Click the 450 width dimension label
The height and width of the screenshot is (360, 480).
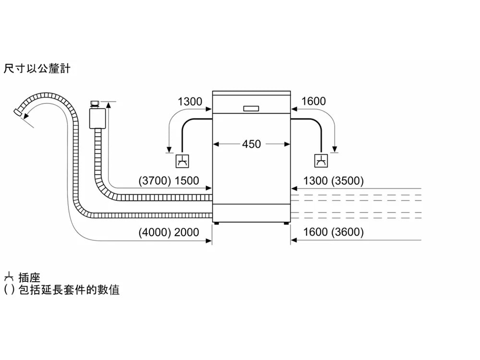click(x=251, y=144)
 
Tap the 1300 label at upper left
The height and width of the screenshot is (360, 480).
click(x=190, y=101)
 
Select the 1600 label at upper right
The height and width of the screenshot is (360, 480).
click(x=313, y=101)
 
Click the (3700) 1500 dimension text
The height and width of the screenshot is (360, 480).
click(x=168, y=180)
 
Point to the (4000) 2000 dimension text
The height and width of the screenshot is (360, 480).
click(x=168, y=232)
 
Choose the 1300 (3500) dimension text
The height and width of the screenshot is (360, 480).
click(x=333, y=180)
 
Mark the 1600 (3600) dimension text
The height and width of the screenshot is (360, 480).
click(x=333, y=232)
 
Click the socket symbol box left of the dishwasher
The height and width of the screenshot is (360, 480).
click(x=182, y=161)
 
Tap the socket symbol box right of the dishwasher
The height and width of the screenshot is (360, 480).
click(x=321, y=160)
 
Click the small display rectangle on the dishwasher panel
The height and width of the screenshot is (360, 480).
click(x=251, y=108)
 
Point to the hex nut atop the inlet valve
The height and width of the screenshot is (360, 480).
click(x=94, y=103)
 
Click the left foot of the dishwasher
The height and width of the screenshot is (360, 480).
click(x=216, y=223)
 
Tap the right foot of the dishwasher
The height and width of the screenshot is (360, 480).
click(x=286, y=223)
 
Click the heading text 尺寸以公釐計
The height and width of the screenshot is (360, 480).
click(x=37, y=68)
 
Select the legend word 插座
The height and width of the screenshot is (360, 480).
click(x=29, y=277)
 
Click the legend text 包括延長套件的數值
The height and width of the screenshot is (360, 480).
click(x=69, y=289)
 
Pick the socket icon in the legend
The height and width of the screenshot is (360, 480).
click(x=9, y=277)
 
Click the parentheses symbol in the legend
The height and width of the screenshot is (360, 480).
click(x=9, y=290)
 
